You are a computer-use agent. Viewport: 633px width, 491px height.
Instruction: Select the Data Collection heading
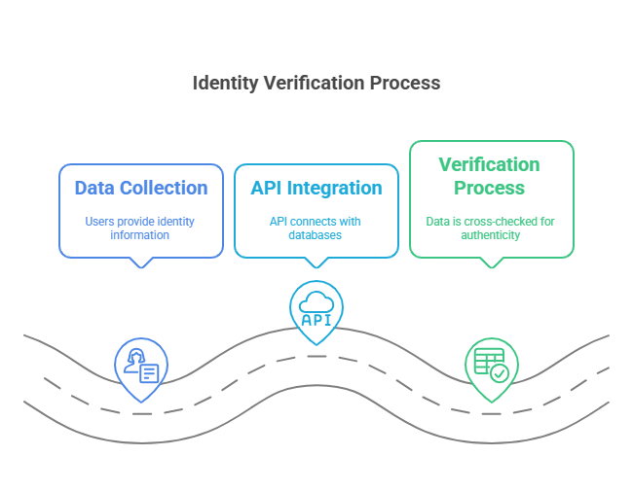141,188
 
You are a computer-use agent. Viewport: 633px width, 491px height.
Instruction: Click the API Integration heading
316,188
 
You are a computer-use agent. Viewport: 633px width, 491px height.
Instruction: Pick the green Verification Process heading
490,176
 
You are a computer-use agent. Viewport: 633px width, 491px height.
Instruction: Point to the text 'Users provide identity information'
141,228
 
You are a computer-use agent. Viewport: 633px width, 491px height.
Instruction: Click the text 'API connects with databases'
316,228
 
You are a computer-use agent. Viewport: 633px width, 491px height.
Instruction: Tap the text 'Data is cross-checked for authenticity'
490,228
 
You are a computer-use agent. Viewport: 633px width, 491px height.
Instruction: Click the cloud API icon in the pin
316,309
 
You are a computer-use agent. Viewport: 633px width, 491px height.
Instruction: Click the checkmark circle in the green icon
499,372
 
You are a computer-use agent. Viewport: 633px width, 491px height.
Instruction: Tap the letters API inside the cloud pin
316,319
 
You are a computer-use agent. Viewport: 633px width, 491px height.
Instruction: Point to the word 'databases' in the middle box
316,235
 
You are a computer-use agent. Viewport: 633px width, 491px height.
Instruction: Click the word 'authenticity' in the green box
490,235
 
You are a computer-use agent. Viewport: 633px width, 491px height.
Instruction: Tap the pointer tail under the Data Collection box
142,263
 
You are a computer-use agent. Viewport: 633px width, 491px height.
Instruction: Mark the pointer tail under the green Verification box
492,263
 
